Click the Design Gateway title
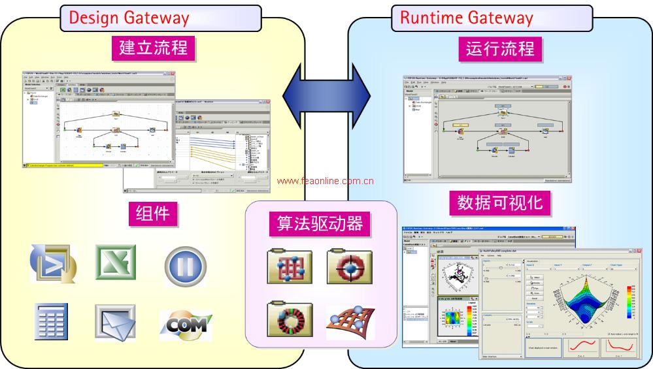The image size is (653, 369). tap(129, 18)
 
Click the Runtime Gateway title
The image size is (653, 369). tap(466, 18)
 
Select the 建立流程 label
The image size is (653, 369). tap(153, 48)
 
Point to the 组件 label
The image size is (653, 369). tap(152, 213)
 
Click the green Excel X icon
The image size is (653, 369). tap(116, 263)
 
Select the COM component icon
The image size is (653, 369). tap(186, 322)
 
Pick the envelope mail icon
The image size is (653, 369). tap(115, 322)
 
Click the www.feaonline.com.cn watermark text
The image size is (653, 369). tap(325, 182)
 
